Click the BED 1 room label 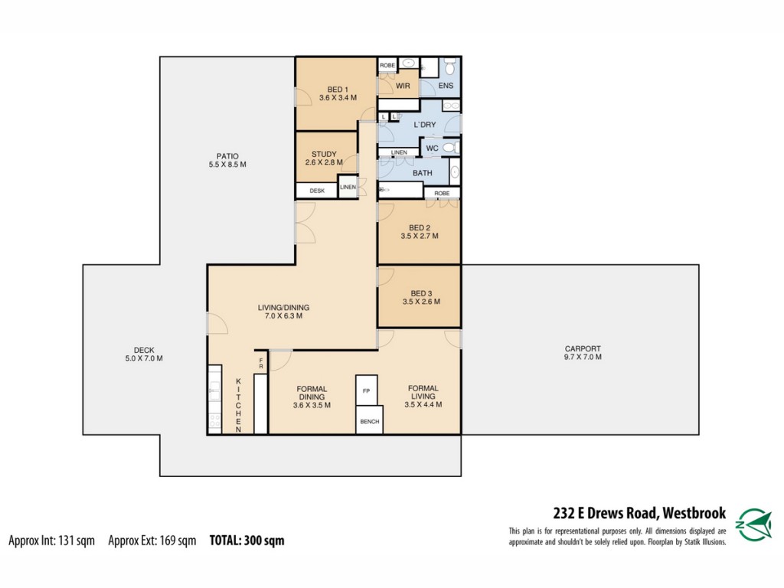tap(338, 90)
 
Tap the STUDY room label tap(324, 154)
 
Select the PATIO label tap(227, 156)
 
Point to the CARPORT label tap(583, 348)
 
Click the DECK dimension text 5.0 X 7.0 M tap(144, 358)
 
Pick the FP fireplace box tap(367, 390)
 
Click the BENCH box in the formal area tap(370, 420)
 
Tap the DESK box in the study tap(317, 191)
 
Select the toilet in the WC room tap(451, 148)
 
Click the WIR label tap(403, 86)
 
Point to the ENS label tap(446, 86)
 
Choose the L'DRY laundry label tap(425, 125)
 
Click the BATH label tap(423, 173)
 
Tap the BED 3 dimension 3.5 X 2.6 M tap(422, 302)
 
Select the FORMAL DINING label tap(312, 393)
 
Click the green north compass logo tap(755, 524)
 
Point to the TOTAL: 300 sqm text tap(247, 541)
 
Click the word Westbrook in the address tap(694, 514)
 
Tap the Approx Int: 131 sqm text tap(51, 541)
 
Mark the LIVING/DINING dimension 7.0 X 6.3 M tap(283, 316)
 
